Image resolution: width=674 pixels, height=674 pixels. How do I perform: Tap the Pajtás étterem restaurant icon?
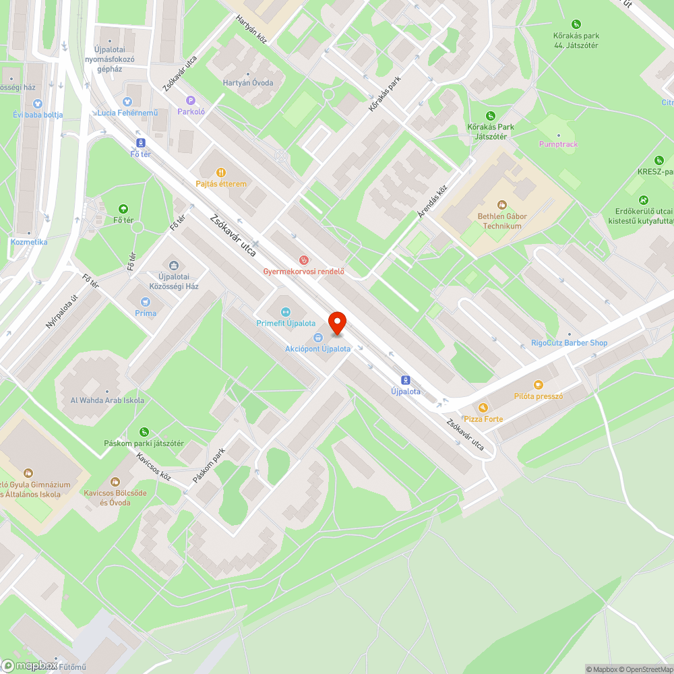(220, 173)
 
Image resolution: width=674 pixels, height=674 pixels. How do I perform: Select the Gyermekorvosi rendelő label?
(303, 272)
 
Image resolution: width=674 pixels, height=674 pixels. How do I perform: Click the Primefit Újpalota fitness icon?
(284, 312)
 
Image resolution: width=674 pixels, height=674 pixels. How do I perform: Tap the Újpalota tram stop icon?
(405, 380)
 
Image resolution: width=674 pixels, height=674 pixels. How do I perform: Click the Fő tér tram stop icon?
(140, 143)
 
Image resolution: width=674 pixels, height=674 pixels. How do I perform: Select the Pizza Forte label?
(483, 419)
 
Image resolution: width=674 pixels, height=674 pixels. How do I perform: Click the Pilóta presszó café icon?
(538, 385)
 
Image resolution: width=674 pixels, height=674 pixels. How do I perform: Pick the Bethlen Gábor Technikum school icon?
(501, 205)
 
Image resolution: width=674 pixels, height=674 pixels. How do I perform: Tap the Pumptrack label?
(558, 144)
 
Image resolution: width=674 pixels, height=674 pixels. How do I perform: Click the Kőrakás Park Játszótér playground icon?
(490, 116)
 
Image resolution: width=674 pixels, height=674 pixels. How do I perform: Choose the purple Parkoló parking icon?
(191, 100)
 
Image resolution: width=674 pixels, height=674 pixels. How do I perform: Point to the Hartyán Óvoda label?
(248, 83)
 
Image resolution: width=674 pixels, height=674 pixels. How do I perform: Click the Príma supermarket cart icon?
(145, 302)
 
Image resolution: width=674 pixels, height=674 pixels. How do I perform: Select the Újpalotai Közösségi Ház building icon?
(173, 266)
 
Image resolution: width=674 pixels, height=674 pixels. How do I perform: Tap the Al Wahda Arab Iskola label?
(107, 400)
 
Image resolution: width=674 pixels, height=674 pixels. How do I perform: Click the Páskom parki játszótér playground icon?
(144, 431)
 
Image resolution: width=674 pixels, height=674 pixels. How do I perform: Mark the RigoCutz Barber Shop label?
(569, 342)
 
